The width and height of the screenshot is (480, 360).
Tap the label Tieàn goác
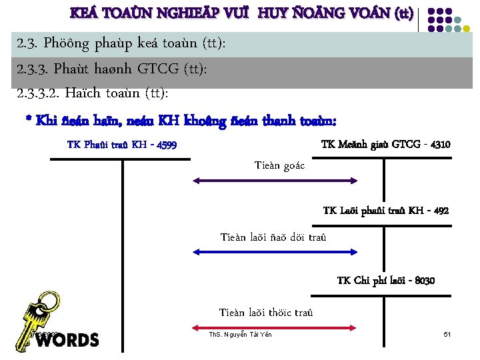click(279, 165)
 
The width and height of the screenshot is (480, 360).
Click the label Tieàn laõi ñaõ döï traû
click(273, 237)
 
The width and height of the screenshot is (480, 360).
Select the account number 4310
click(441, 145)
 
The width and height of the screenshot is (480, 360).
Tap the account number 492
click(441, 211)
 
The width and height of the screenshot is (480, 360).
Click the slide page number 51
click(447, 333)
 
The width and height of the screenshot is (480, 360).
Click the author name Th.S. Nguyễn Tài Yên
click(240, 334)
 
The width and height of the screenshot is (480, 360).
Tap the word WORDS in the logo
click(67, 340)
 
